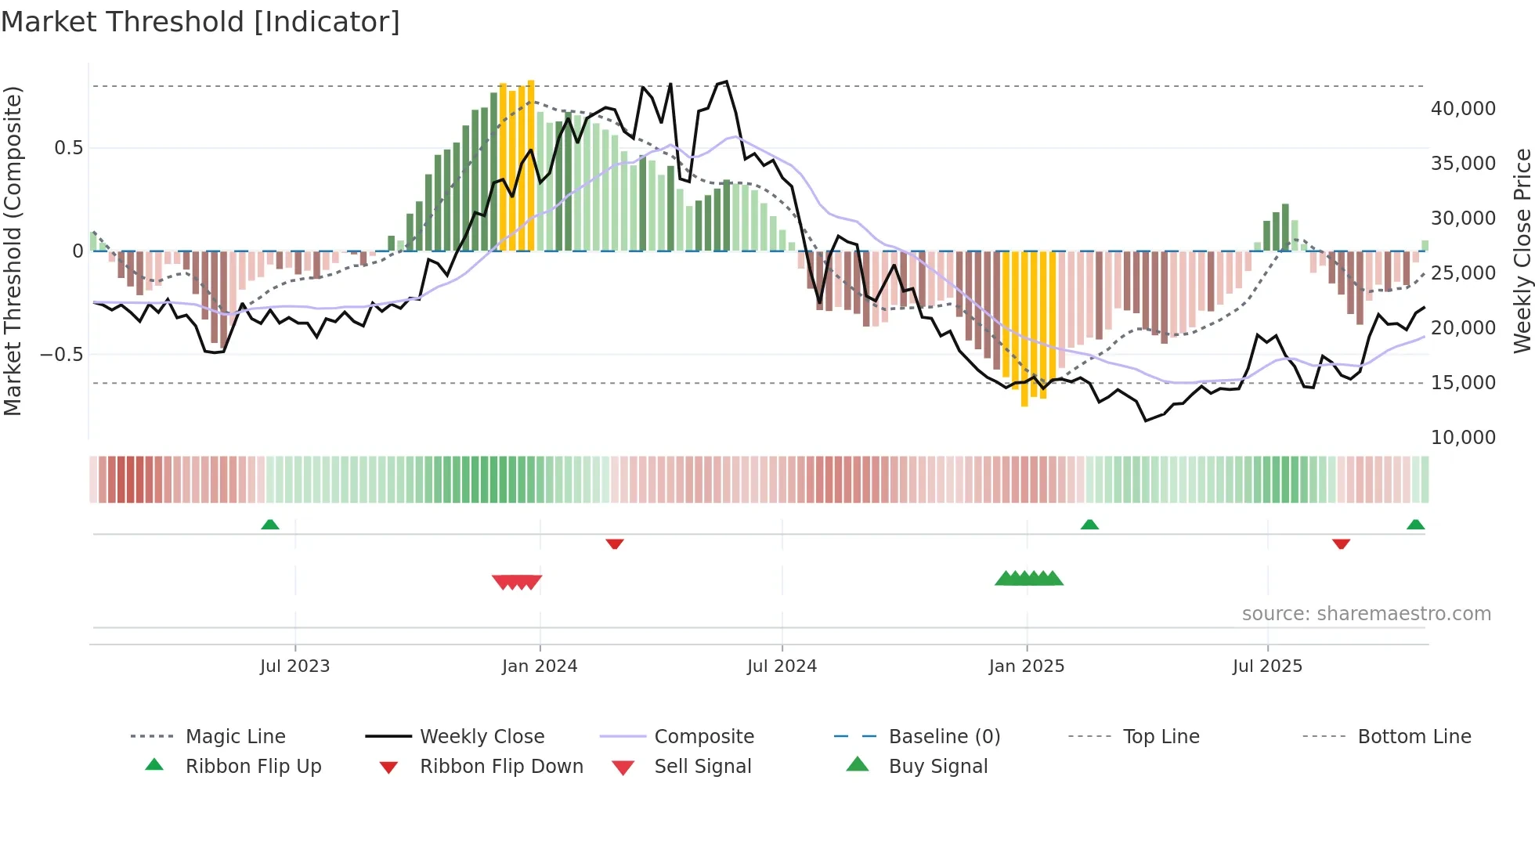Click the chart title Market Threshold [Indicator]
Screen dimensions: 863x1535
pyautogui.click(x=200, y=22)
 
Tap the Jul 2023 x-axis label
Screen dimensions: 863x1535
pyautogui.click(x=294, y=666)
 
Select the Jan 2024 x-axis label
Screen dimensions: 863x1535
pyautogui.click(x=540, y=666)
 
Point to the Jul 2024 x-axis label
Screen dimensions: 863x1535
pyautogui.click(x=782, y=666)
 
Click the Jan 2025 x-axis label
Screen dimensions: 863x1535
pyautogui.click(x=1026, y=666)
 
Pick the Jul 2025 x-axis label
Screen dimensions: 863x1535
pyautogui.click(x=1267, y=666)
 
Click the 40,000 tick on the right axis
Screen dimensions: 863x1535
pyautogui.click(x=1463, y=109)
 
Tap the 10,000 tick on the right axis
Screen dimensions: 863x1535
pyautogui.click(x=1463, y=438)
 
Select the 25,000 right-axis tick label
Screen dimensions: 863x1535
pyautogui.click(x=1463, y=273)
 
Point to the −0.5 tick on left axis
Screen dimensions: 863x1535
pyautogui.click(x=62, y=355)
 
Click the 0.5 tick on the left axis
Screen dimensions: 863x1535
pyautogui.click(x=68, y=148)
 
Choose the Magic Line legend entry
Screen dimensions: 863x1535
pyautogui.click(x=235, y=737)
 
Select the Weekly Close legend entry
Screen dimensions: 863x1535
pyautogui.click(x=482, y=737)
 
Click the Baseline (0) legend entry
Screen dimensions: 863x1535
pyautogui.click(x=944, y=737)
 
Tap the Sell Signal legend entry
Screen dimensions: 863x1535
pyautogui.click(x=702, y=767)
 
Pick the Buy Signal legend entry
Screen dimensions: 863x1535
pyautogui.click(x=937, y=767)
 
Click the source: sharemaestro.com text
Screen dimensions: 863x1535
pyautogui.click(x=1366, y=614)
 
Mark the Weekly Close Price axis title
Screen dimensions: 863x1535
pyautogui.click(x=1522, y=251)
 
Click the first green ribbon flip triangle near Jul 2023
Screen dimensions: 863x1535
pyautogui.click(x=270, y=525)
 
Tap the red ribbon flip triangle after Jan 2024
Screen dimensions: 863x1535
pyautogui.click(x=615, y=543)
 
